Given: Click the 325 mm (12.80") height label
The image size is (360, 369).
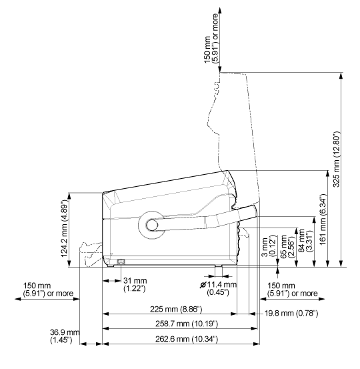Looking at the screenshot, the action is (337, 159).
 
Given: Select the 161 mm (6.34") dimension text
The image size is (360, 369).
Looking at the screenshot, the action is (323, 220).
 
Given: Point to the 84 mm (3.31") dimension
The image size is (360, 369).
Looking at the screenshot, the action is (305, 240).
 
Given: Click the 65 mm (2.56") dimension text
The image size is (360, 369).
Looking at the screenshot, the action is (287, 246).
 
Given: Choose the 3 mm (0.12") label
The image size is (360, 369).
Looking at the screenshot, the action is (268, 246).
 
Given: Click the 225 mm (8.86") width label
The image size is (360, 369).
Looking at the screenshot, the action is (176, 309).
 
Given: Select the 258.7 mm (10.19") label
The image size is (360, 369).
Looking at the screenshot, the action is (187, 324).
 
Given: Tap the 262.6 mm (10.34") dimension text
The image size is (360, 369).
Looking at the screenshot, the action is (187, 339).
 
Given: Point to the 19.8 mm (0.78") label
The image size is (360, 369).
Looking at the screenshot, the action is (291, 313).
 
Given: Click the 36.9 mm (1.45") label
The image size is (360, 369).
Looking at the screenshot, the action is (65, 336).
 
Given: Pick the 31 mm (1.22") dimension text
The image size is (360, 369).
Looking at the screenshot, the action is (135, 284).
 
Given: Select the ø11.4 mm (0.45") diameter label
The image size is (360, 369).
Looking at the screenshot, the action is (218, 288).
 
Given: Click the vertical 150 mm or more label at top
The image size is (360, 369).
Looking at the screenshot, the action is (211, 39).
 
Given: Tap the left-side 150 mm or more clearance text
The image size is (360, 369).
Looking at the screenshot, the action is (48, 290).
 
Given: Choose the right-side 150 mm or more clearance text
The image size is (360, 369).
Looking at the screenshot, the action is (292, 290).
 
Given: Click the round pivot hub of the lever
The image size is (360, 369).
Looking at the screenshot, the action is (151, 225).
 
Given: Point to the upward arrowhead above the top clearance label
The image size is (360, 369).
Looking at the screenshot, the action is (220, 10).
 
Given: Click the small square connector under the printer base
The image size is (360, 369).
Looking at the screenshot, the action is (121, 262).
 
